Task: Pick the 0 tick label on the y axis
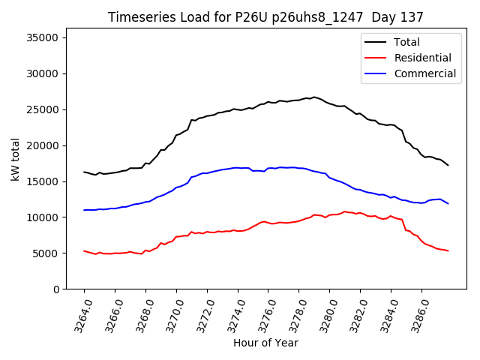(x=55, y=289)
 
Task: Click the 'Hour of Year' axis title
(x=265, y=343)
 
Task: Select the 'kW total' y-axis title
(x=15, y=159)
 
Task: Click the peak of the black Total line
(x=314, y=97)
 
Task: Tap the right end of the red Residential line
(x=448, y=250)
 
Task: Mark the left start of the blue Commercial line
(x=84, y=210)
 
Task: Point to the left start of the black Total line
(x=84, y=172)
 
